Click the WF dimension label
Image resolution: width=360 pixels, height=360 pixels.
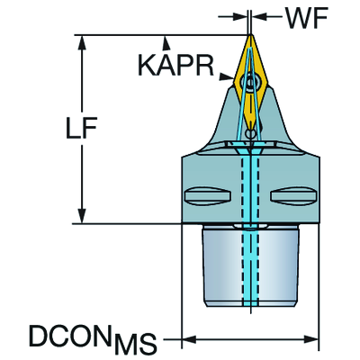[306, 19]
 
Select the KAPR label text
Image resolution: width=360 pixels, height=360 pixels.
[175, 66]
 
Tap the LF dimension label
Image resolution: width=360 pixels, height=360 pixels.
[81, 129]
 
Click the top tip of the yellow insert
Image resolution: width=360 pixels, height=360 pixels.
[250, 35]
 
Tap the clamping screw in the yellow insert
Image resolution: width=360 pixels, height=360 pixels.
[250, 81]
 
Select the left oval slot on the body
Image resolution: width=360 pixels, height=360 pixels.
[208, 196]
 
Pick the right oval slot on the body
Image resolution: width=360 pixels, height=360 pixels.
[293, 196]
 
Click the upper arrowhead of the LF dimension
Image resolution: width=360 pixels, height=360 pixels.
[81, 43]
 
